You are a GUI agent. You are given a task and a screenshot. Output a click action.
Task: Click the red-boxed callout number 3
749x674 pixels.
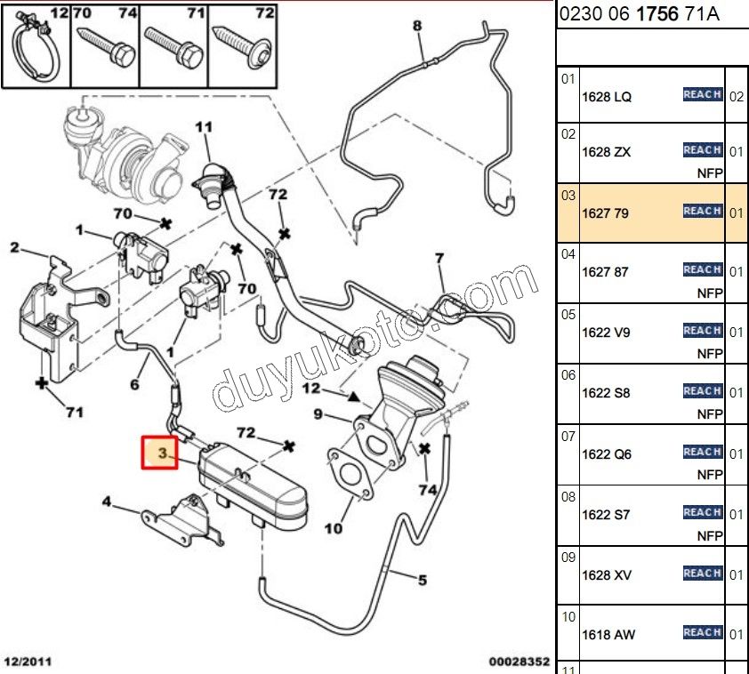162,453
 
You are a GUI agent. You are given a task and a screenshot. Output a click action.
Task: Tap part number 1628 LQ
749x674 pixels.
606,96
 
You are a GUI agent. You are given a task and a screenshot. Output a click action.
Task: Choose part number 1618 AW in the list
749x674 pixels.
608,635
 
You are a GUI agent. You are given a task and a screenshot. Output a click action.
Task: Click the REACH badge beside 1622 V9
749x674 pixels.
702,330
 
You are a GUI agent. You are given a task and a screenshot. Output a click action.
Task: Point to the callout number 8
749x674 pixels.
416,26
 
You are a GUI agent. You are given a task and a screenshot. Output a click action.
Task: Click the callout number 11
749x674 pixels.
204,128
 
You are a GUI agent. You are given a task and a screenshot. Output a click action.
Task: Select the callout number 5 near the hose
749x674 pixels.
422,582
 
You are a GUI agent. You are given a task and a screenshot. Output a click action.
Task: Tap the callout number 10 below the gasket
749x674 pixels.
333,529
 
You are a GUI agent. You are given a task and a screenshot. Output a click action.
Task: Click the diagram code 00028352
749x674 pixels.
519,662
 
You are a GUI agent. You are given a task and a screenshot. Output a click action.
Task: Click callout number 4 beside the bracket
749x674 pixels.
107,502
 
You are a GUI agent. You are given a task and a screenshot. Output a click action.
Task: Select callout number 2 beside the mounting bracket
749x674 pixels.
14,247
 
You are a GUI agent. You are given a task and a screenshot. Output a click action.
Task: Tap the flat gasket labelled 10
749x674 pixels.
350,472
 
